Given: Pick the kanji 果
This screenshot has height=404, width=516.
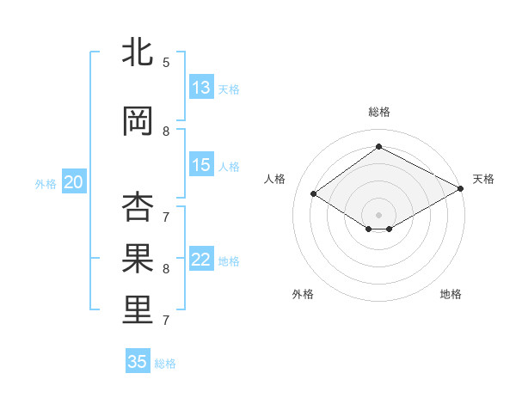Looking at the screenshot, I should tap(138, 259).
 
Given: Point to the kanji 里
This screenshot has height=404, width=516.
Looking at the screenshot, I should tap(138, 310).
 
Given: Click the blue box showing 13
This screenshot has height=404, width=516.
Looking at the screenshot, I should tap(201, 88).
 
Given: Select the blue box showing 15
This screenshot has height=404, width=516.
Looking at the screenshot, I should tap(201, 165).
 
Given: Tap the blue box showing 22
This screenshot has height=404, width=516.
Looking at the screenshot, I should tap(201, 260).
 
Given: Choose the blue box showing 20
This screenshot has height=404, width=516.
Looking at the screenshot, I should tap(74, 182).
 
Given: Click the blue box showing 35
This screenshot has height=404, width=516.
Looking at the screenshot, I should tap(138, 362).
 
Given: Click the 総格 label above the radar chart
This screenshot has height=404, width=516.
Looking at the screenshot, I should tap(378, 112).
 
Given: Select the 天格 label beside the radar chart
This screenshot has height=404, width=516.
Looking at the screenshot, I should tap(483, 179).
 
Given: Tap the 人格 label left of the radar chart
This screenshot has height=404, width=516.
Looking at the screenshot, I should tap(274, 179).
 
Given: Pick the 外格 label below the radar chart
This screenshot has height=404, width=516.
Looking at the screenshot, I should tap(303, 295).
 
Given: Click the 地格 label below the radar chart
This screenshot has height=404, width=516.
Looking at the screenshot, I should tap(451, 295).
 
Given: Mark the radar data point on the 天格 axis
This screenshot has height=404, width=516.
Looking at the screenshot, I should tap(461, 189).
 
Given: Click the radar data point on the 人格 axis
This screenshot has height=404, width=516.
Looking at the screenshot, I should tap(314, 194).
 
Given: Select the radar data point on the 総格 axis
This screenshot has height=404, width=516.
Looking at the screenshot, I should tap(378, 147).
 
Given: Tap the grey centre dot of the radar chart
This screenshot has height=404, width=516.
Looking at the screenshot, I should tap(378, 213).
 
